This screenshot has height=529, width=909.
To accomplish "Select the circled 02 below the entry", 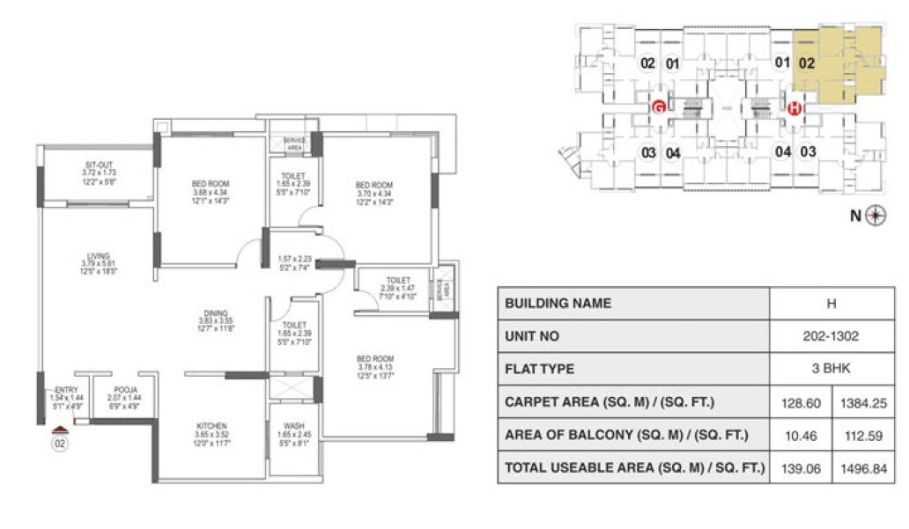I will coord(60,445).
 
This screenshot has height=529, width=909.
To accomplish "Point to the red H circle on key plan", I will coord(794,108).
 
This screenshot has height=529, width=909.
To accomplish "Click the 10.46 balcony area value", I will coord(801,435).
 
